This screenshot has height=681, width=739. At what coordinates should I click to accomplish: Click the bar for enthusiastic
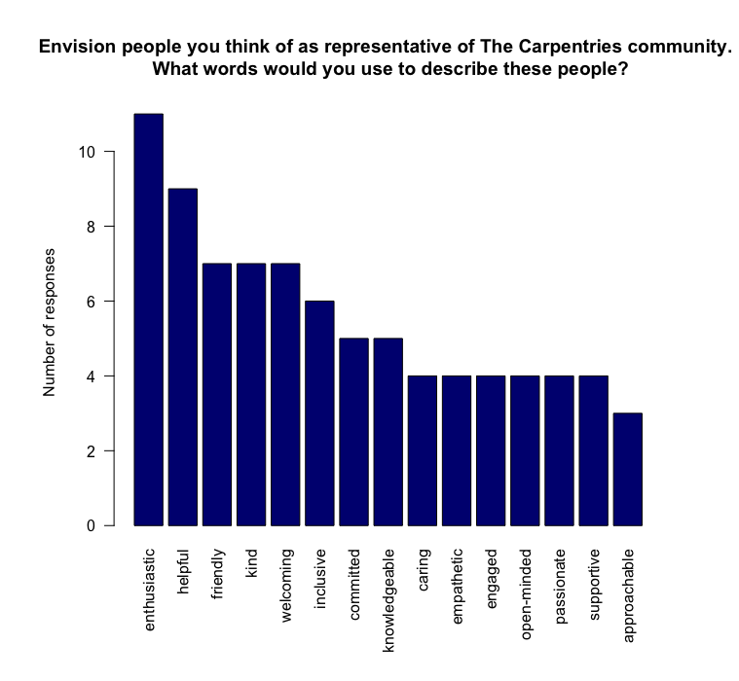pos(148,320)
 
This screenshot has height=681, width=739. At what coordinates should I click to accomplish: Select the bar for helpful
pos(182,357)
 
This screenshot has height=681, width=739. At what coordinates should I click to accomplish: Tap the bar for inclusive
pos(319,413)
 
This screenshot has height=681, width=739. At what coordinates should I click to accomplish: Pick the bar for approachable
pos(628,469)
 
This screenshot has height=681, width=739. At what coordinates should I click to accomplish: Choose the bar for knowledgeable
pos(388,432)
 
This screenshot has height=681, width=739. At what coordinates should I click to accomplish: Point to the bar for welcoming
pos(285,395)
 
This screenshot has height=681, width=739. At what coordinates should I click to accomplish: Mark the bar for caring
pos(423,450)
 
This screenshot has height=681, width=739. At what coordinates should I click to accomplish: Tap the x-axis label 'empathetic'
pos(458,584)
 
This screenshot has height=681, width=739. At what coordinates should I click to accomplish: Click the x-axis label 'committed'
pos(354,581)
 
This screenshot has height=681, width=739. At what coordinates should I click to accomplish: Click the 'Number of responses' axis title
pos(50,322)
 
